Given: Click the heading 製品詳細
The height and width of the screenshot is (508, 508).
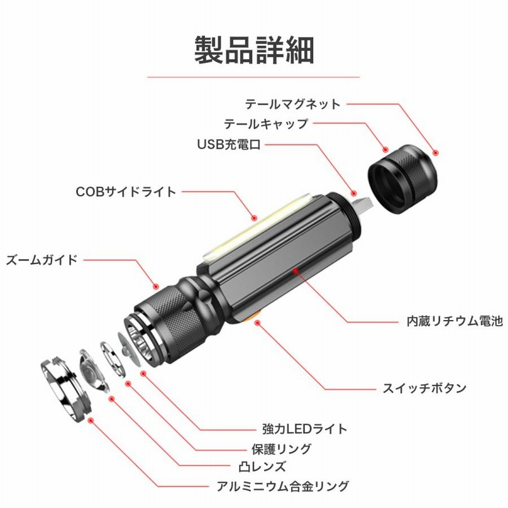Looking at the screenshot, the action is pos(254,50).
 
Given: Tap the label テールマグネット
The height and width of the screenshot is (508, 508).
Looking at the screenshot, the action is pos(293,104).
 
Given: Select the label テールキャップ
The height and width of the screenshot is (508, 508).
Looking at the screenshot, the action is pos(266,124).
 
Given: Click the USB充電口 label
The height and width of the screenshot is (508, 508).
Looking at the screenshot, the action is pos(229,144).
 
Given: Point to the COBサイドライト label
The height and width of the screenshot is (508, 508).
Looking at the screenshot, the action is pos(126,192).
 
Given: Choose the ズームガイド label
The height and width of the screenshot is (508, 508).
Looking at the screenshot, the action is pos(42,260).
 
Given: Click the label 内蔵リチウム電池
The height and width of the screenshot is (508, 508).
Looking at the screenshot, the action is pos(455,321).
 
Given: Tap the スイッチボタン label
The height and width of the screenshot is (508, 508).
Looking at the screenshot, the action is pos(424,388).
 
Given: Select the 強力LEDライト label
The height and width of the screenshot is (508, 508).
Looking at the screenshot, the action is pos(305,429).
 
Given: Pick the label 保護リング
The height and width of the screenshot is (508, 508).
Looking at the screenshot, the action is pos(281,449).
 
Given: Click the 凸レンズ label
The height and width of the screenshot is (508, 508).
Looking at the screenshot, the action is pos(263,467).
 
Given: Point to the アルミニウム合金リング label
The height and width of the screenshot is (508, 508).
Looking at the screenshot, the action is pos(283,486).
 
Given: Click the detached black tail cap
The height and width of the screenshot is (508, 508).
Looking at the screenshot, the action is pos(403,179).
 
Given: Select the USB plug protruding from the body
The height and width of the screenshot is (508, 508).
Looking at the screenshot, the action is pos(362,205).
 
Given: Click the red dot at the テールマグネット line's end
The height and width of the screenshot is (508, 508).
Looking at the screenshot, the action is pos(436,152).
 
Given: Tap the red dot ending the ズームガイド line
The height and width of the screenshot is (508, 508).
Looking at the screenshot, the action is pos(156,286).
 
